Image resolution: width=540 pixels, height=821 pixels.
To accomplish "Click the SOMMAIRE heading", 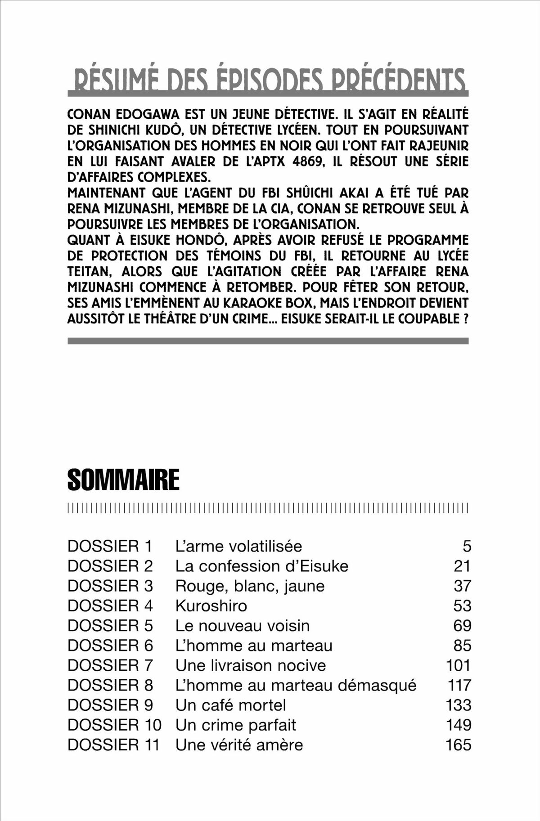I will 123,480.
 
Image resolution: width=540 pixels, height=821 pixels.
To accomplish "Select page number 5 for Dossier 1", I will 467,546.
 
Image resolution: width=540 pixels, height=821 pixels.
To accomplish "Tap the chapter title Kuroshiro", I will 211,606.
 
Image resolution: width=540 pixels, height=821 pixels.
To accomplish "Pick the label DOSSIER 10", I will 114,725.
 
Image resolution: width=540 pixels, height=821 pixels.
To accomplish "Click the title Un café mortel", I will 230,705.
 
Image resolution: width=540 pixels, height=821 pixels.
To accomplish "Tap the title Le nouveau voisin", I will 242,625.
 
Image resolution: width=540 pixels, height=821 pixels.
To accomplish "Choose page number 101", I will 458,665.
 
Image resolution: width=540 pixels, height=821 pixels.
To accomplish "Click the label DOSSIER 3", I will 110,586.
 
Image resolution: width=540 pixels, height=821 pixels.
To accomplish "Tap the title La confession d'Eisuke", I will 261,566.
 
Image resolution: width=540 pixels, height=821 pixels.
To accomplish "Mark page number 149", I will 458,725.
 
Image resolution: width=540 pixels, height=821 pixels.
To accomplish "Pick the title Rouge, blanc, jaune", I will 250,586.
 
